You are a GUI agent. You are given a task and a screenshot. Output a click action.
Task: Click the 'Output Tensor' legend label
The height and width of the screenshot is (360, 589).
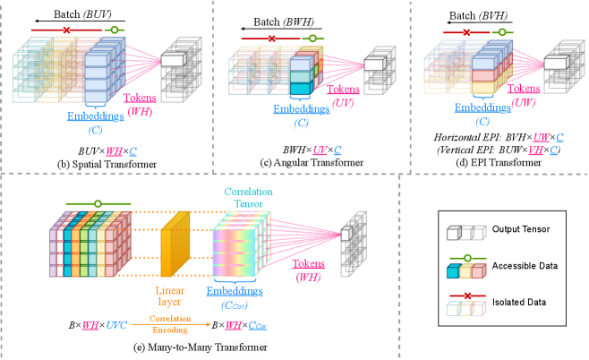pyautogui.click(x=521, y=229)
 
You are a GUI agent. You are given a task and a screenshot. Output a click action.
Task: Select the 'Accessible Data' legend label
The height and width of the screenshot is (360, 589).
pyautogui.click(x=525, y=266)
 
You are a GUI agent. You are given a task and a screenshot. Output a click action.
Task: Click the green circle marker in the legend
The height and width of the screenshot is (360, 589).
pyautogui.click(x=469, y=258)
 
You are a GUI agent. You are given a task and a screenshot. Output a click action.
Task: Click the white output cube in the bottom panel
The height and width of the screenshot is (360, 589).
pyautogui.click(x=346, y=234)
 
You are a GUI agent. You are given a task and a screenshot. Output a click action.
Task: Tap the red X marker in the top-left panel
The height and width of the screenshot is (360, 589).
pyautogui.click(x=66, y=30)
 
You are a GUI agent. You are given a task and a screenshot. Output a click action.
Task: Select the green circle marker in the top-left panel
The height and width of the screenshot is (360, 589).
pyautogui.click(x=113, y=30)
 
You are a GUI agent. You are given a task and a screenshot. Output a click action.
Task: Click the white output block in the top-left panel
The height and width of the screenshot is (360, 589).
pyautogui.click(x=172, y=59)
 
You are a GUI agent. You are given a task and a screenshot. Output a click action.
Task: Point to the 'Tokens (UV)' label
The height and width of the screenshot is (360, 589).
pyautogui.click(x=344, y=96)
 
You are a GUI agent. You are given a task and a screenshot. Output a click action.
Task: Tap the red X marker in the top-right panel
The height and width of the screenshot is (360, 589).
pyautogui.click(x=466, y=32)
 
